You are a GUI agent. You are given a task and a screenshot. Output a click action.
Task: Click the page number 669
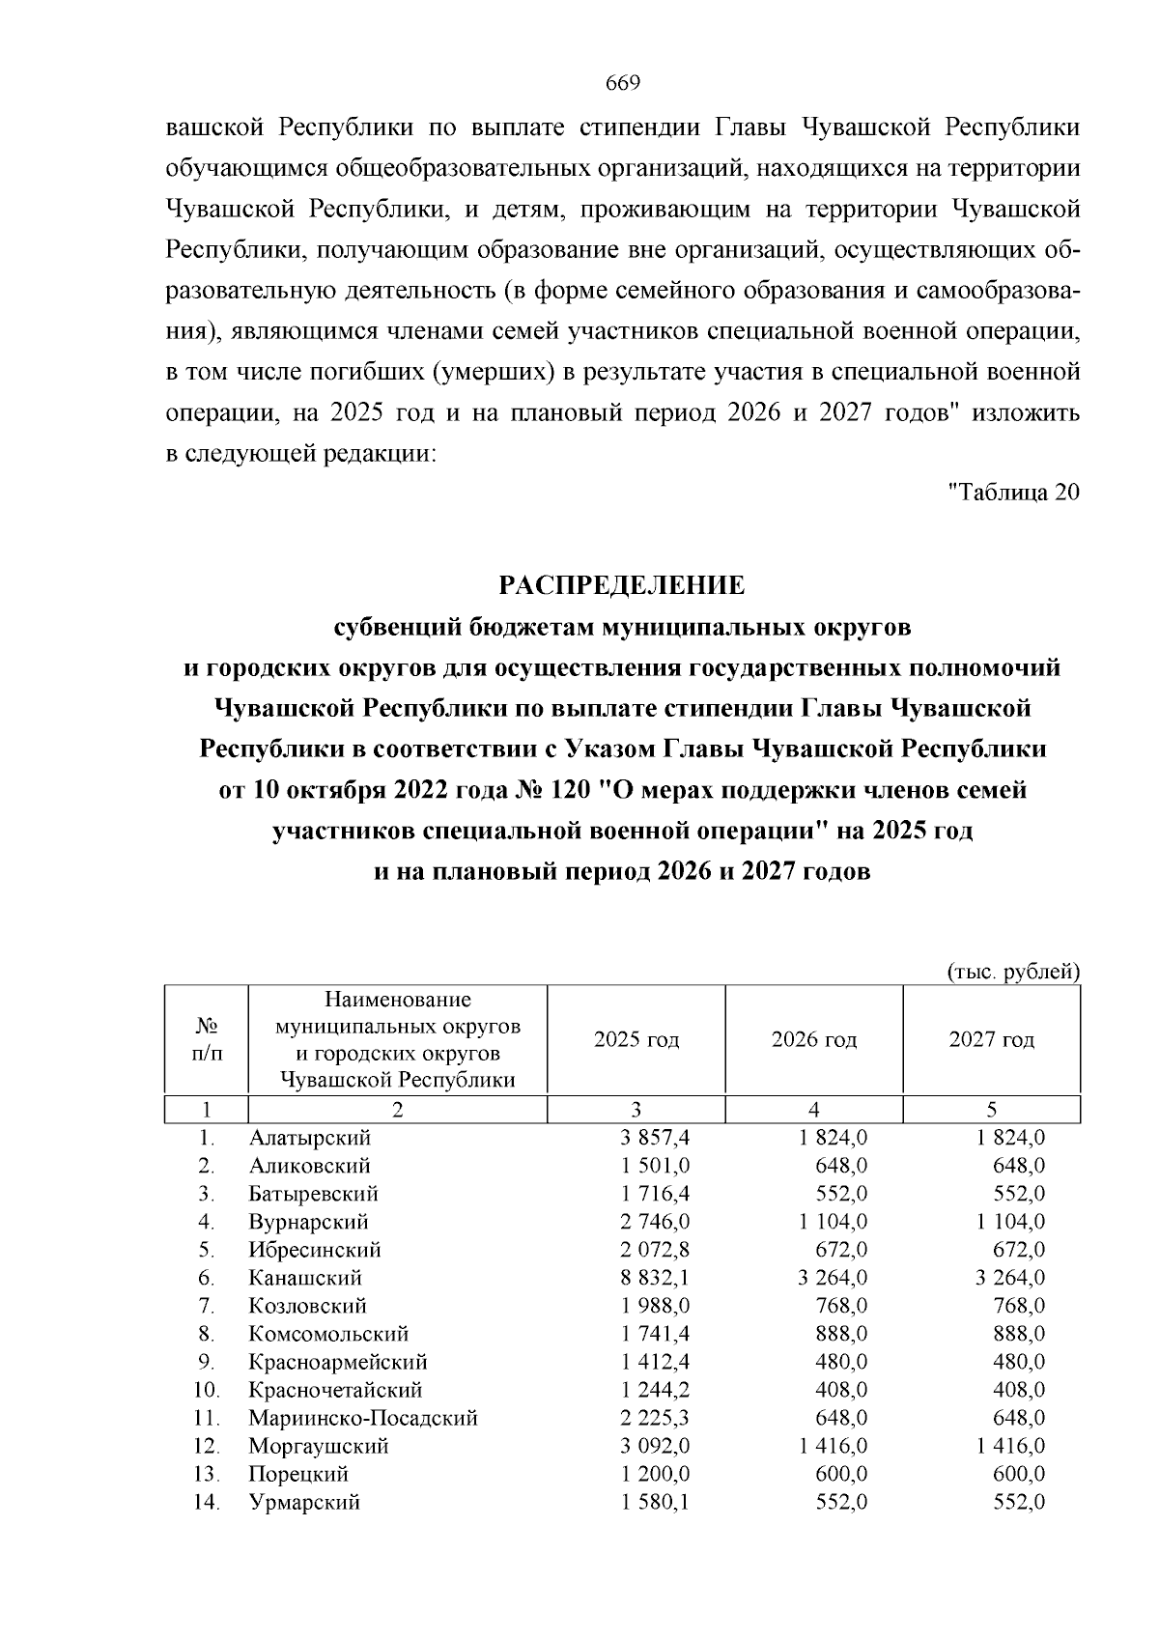623,82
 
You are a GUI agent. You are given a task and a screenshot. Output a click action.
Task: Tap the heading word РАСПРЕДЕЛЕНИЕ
622,585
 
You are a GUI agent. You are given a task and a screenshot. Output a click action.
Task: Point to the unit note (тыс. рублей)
1012,971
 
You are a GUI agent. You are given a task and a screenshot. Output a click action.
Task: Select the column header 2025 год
636,1040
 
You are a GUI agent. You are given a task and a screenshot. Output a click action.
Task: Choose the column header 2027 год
991,1040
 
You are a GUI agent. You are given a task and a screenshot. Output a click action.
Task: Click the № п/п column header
205,1040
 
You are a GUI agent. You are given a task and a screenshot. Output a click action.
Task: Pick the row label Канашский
305,1278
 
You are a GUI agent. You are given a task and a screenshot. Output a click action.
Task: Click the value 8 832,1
655,1278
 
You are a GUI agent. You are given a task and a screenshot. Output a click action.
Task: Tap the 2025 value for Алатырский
655,1138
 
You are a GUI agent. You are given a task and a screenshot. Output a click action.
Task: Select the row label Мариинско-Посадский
363,1419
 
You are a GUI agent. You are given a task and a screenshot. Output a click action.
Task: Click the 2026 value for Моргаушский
833,1447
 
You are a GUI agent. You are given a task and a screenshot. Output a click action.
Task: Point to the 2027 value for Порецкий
1019,1475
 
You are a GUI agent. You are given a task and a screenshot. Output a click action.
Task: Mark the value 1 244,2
655,1391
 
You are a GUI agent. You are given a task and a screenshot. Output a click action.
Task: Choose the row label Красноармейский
338,1363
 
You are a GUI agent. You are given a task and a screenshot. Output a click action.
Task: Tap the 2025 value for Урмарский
655,1503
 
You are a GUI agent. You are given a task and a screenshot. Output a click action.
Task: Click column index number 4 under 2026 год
813,1110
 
